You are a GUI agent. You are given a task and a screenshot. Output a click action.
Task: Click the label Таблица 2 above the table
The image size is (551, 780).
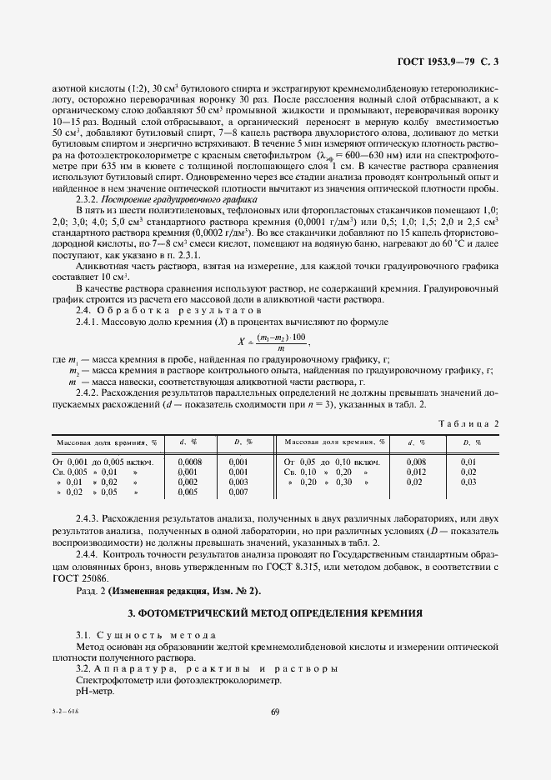468,423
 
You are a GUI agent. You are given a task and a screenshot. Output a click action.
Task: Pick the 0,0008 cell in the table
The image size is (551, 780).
189,461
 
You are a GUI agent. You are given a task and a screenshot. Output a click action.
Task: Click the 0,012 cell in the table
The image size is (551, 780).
416,472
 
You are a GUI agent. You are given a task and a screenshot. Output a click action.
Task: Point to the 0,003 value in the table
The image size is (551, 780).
238,482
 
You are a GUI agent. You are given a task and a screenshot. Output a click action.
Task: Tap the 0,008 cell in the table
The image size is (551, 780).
416,461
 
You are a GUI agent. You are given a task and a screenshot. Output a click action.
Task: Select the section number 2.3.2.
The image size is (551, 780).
88,200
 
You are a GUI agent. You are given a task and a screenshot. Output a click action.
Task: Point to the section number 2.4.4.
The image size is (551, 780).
88,554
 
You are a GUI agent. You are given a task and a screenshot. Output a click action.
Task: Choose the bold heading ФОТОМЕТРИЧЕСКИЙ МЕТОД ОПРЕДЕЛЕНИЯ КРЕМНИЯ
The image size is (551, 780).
275,612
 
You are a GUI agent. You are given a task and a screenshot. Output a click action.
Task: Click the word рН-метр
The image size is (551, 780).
93,691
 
